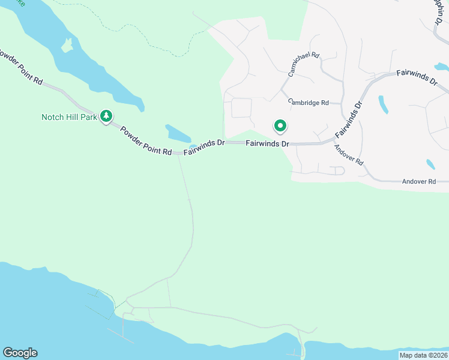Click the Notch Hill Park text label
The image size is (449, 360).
(x=69, y=117)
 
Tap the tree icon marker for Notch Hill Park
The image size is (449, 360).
(x=107, y=115)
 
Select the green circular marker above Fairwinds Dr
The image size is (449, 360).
(x=280, y=126)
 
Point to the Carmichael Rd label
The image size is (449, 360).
(x=304, y=64)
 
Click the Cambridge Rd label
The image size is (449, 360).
(x=308, y=103)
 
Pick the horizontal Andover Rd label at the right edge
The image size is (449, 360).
(x=418, y=181)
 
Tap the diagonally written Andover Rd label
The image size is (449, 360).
(x=349, y=155)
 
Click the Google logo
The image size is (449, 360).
(x=20, y=353)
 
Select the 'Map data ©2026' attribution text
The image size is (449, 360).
(x=423, y=355)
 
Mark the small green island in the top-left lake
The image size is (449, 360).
(x=67, y=45)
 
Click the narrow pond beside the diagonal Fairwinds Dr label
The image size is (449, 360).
(x=383, y=104)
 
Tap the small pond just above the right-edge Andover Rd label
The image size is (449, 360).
(x=430, y=164)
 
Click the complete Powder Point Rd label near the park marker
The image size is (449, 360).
(x=146, y=140)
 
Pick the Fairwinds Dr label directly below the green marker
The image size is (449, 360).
(x=267, y=144)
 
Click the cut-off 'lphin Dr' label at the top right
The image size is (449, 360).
(x=441, y=12)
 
